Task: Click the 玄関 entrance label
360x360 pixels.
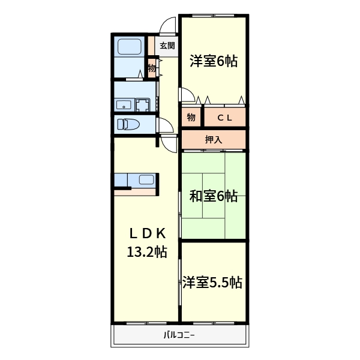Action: click(167, 46)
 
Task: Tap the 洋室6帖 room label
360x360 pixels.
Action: click(214, 61)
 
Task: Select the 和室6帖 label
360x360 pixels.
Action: click(214, 196)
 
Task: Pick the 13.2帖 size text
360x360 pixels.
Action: click(146, 252)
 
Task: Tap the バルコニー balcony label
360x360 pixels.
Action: click(179, 335)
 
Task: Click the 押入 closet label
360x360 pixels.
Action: click(214, 140)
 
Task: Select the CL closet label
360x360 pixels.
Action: click(224, 118)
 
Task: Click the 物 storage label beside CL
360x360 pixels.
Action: click(191, 118)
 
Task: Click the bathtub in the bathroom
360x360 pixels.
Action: click(128, 47)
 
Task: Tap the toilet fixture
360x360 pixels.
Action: click(128, 124)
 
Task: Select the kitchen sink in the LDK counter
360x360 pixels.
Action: click(146, 179)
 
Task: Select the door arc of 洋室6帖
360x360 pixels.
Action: click(187, 95)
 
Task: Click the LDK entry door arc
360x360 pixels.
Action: click(169, 143)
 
